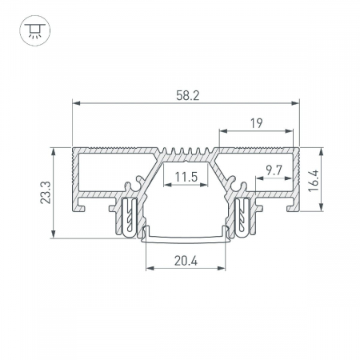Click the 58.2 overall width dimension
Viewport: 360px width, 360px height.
pos(188,95)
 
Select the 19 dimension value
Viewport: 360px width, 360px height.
pos(256,123)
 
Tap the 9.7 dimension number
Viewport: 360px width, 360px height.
pos(274,170)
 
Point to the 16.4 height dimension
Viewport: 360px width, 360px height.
pos(314,181)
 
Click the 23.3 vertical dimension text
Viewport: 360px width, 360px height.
pos(46,193)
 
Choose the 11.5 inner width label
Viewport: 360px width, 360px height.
pos(186,177)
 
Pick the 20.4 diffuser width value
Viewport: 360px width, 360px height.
pos(186,261)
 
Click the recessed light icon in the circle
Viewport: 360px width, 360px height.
pos(35,30)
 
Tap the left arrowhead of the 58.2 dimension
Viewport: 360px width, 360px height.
pos(76,103)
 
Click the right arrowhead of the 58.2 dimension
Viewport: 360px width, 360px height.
pos(295,103)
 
